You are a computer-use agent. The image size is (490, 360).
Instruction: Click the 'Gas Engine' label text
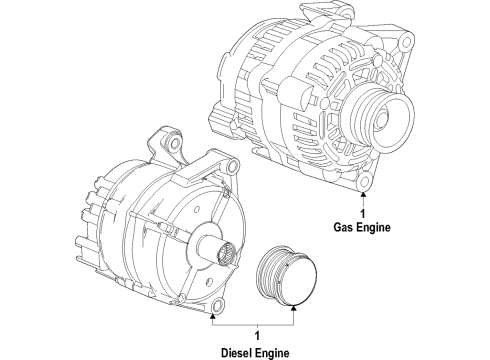click(362, 228)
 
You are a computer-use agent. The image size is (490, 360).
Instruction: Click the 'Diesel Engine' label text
click(255, 353)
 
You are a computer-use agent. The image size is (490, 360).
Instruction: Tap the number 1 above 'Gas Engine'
click(363, 213)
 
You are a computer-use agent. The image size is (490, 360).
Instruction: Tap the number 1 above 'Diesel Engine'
click(257, 336)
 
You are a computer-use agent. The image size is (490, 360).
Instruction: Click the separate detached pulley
click(287, 275)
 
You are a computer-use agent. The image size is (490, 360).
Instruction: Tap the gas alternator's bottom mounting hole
click(364, 181)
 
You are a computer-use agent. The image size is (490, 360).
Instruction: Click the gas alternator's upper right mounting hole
click(406, 42)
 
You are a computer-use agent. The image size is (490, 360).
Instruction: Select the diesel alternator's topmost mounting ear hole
click(174, 143)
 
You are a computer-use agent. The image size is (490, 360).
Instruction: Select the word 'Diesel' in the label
click(237, 353)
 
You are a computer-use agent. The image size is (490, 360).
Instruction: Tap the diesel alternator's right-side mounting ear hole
click(233, 165)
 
